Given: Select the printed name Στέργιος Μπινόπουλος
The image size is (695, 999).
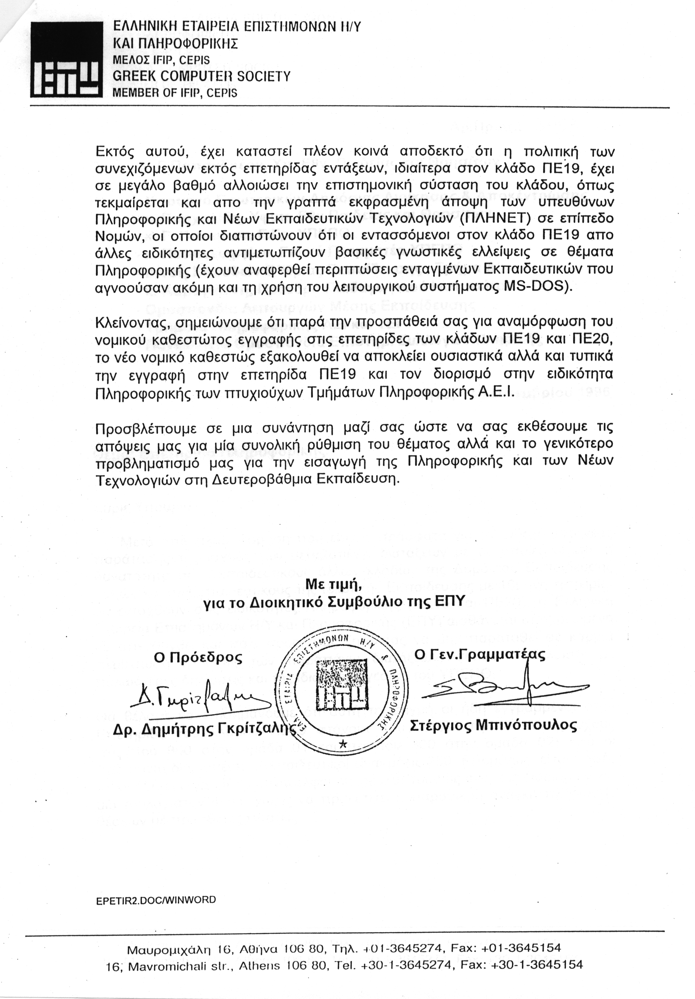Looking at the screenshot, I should [x=493, y=725].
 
